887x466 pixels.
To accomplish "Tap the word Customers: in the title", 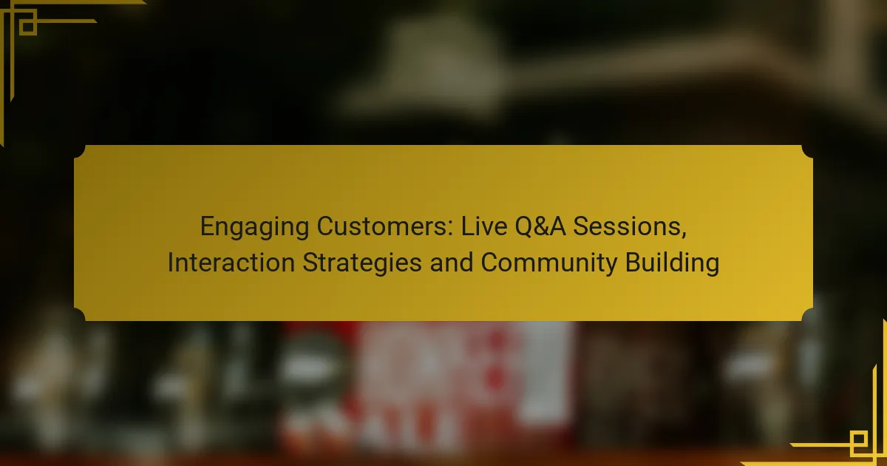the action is click(385, 226).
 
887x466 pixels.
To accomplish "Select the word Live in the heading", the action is click(484, 226).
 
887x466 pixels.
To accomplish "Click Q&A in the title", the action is click(540, 227).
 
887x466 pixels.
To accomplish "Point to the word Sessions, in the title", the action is click(630, 227).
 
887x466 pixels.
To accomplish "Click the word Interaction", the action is click(231, 263).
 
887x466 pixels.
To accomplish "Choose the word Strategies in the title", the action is click(362, 263).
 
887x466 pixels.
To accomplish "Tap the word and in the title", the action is click(452, 263).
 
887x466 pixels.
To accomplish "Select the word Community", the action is click(548, 263).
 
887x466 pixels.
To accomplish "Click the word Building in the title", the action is click(672, 263).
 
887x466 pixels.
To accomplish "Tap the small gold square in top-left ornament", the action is click(28, 27).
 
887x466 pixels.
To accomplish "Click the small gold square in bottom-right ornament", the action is click(859, 439).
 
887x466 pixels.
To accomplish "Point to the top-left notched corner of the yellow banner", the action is click(80, 152).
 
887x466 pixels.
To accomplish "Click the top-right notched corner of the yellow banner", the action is click(807, 152).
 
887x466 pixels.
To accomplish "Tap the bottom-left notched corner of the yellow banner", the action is click(80, 314).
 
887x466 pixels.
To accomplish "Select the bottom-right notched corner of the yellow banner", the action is click(807, 314).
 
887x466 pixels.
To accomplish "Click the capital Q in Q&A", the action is click(523, 228).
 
